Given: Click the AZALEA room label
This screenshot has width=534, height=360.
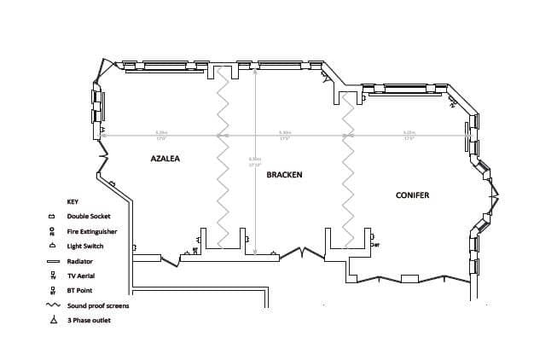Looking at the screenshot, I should pos(165,159).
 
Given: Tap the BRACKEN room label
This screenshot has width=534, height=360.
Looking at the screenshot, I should pos(284,174).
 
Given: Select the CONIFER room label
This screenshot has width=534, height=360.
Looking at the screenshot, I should pos(412,195).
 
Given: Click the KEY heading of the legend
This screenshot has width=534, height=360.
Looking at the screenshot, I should pos(73,201).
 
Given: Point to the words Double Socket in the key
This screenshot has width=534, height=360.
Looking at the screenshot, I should pos(88,217).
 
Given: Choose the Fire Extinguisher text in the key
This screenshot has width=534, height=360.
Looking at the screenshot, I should pos(92,231).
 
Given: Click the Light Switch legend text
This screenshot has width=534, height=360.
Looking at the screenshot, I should pos(85,246).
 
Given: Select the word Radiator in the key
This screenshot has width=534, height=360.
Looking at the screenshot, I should pos(80,261).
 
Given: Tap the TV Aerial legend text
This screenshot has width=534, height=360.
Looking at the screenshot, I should pos(82,276).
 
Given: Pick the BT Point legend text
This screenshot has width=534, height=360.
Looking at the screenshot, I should pos(81,291).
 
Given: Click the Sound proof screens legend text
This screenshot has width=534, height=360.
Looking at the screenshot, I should pos(98,305).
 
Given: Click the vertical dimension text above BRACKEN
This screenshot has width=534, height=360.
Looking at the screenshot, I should pos(254,161).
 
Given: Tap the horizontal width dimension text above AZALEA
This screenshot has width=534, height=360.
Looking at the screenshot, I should pos(161,134).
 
